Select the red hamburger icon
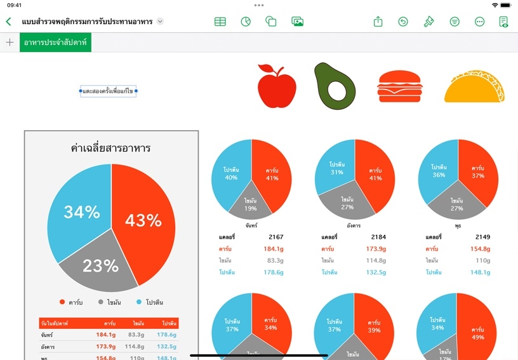[399, 86]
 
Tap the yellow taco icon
[474, 89]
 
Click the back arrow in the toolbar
[8, 22]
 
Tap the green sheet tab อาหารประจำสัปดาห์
[55, 43]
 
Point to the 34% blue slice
[79, 213]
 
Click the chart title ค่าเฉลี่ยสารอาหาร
[110, 149]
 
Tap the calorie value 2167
[277, 237]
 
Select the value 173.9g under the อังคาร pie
[375, 249]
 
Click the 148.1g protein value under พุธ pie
[480, 272]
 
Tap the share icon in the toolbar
[378, 22]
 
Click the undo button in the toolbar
[403, 22]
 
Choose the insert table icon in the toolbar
[220, 22]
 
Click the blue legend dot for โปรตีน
[139, 302]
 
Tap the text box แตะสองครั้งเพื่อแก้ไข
[108, 91]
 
